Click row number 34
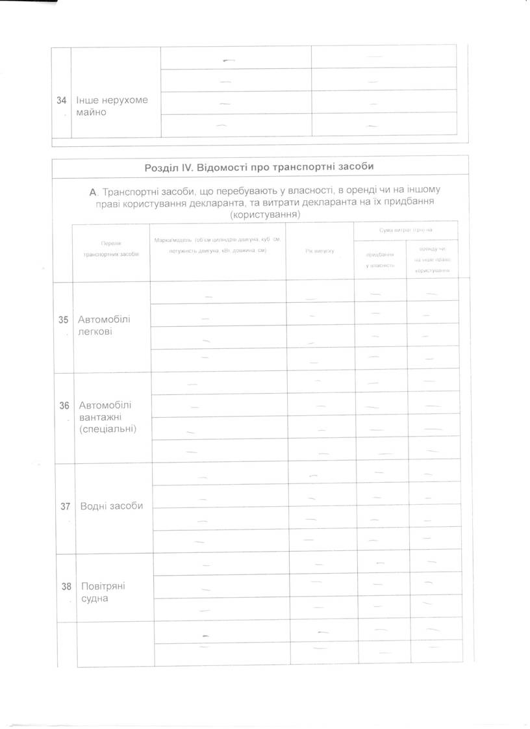tap(62, 100)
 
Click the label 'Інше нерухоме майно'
tap(112, 107)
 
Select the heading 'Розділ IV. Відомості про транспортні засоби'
tap(259, 167)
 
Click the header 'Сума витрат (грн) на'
tap(406, 230)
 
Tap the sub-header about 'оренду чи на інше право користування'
tap(432, 259)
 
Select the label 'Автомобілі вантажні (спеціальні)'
tap(107, 417)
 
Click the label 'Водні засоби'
tap(110, 506)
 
